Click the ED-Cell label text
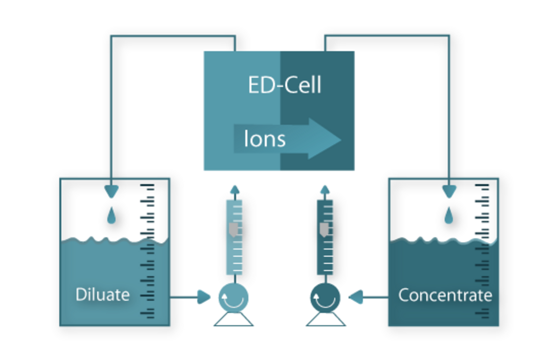click(x=285, y=85)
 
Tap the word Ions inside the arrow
click(x=264, y=139)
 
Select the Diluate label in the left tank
click(x=102, y=295)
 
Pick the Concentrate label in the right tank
click(x=445, y=295)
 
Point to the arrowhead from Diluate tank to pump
click(x=204, y=297)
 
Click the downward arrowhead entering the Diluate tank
click(x=111, y=192)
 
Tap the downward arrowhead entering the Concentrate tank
click(x=449, y=192)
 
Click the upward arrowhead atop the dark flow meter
click(x=325, y=190)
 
